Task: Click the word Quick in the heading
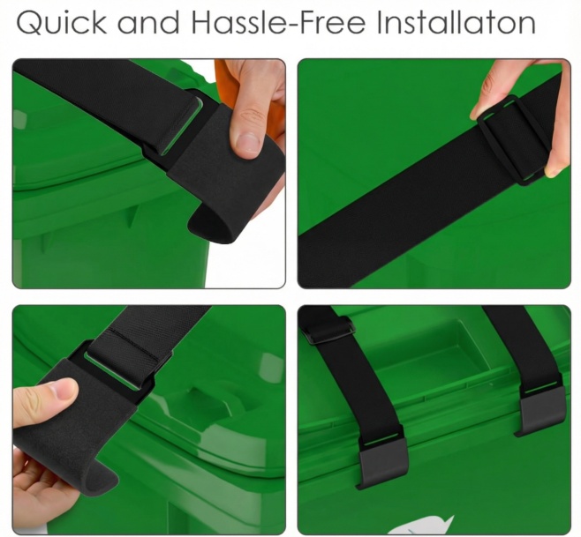pyautogui.click(x=61, y=23)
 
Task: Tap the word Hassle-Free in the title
pyautogui.click(x=279, y=22)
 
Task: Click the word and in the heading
pyautogui.click(x=148, y=23)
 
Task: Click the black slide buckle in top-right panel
pyautogui.click(x=513, y=139)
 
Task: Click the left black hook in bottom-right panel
pyautogui.click(x=382, y=462)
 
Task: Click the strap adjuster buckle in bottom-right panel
pyautogui.click(x=328, y=331)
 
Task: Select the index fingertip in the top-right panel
pyautogui.click(x=478, y=111)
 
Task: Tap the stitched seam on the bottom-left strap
pyautogui.click(x=137, y=341)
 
